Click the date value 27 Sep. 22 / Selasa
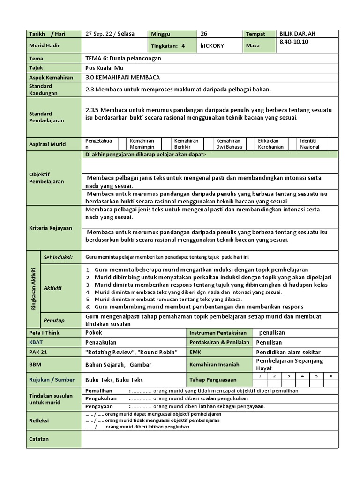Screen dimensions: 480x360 (109, 34)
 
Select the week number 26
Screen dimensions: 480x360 (204, 34)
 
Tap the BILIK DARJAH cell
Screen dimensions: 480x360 (298, 34)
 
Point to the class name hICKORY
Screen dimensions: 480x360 (212, 46)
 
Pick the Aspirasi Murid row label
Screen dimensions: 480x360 (47, 144)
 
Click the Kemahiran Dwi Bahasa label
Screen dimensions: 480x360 (229, 143)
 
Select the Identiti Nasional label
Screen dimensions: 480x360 (309, 143)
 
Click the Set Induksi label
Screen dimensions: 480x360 (58, 257)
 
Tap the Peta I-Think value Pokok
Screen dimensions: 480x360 (94, 332)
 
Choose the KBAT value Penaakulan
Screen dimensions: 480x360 (101, 342)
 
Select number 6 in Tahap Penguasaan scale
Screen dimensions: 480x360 (330, 376)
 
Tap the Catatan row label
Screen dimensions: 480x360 (39, 439)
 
